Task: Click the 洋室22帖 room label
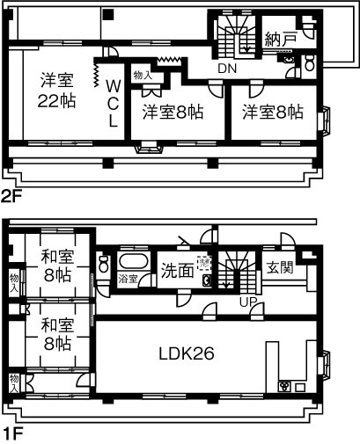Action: pyautogui.click(x=56, y=91)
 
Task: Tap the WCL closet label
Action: pyautogui.click(x=113, y=103)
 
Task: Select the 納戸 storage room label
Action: pyautogui.click(x=280, y=40)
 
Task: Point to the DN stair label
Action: pyautogui.click(x=228, y=68)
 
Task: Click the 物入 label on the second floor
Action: pyautogui.click(x=142, y=76)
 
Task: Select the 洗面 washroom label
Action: pyautogui.click(x=177, y=270)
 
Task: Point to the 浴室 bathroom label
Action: pyautogui.click(x=128, y=279)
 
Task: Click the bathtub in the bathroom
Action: pyautogui.click(x=134, y=263)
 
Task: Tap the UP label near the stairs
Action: pyautogui.click(x=249, y=302)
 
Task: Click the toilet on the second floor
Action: pyautogui.click(x=310, y=63)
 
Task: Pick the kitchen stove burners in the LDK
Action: pyautogui.click(x=285, y=386)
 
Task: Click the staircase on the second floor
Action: pyautogui.click(x=234, y=40)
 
